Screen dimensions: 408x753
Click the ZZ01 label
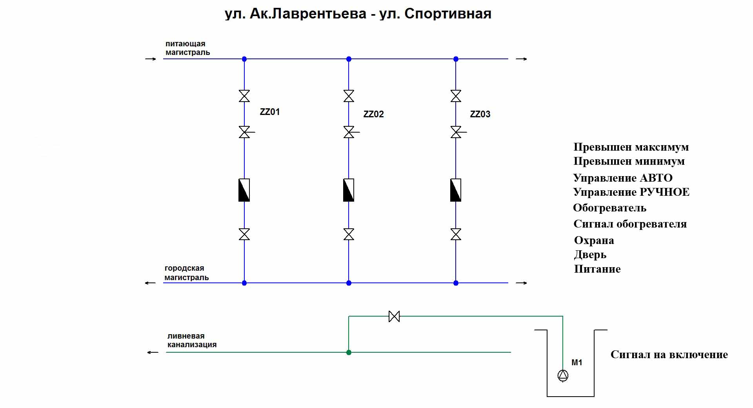[x=270, y=112]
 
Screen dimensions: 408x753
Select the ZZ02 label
[x=373, y=114]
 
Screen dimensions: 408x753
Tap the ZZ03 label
[x=480, y=114]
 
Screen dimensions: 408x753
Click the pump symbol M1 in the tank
[x=563, y=375]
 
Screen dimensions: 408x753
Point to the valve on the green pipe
[x=394, y=316]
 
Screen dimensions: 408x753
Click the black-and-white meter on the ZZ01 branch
[x=244, y=190]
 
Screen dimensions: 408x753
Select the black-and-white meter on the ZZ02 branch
[x=349, y=190]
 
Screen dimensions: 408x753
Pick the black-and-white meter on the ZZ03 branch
[x=456, y=190]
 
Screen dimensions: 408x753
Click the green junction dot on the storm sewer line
[x=349, y=352]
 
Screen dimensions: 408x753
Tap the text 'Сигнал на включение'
[x=669, y=355]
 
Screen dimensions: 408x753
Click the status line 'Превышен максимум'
[x=631, y=147]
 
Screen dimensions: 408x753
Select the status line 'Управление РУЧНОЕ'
[x=631, y=192]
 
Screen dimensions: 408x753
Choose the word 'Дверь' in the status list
[x=590, y=255]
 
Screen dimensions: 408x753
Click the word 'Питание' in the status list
[x=597, y=269]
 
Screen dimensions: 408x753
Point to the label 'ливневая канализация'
[x=192, y=340]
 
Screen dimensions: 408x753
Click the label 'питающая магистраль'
[x=187, y=48]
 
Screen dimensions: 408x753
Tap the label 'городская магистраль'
[x=186, y=273]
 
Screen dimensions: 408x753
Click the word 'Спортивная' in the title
[x=447, y=14]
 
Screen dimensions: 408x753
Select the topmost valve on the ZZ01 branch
[x=244, y=96]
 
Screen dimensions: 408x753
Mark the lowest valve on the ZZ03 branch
[x=456, y=235]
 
